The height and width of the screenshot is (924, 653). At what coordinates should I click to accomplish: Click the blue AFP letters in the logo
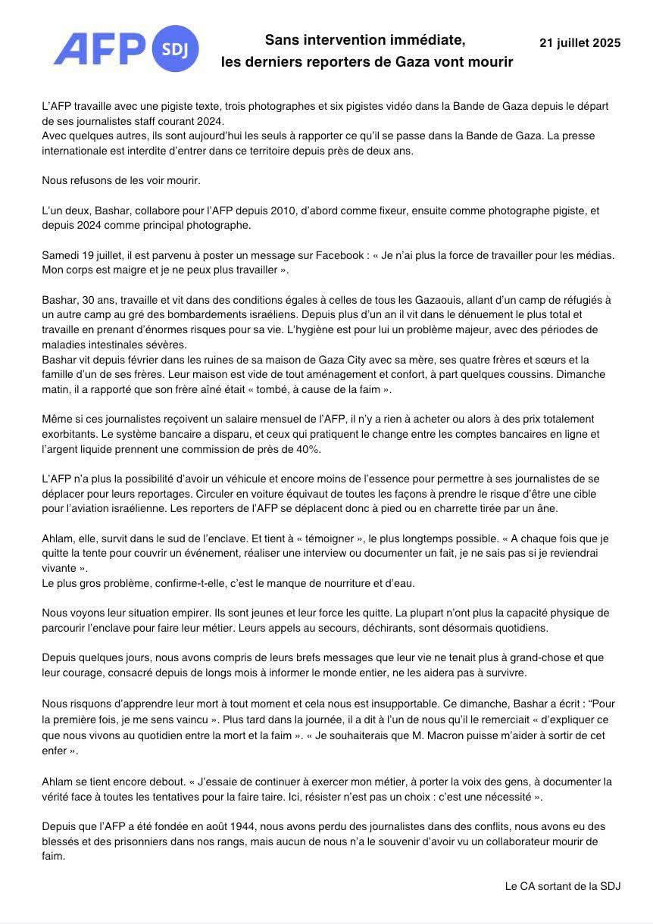(x=98, y=48)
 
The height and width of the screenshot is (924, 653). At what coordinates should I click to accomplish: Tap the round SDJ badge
(x=176, y=49)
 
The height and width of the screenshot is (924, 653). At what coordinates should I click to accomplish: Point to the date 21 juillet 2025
(x=580, y=43)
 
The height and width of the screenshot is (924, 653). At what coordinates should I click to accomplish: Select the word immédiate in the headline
(x=428, y=39)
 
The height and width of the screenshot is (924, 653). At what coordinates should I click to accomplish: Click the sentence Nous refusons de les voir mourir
(x=121, y=180)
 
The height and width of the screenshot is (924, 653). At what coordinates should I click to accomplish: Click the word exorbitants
(x=72, y=434)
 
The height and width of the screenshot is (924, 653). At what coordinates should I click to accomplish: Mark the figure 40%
(x=307, y=449)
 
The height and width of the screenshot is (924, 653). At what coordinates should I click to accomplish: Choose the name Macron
(x=445, y=735)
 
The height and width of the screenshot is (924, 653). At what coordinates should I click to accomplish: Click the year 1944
(x=266, y=826)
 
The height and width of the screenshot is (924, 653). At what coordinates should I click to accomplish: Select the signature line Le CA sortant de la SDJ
(x=562, y=885)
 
